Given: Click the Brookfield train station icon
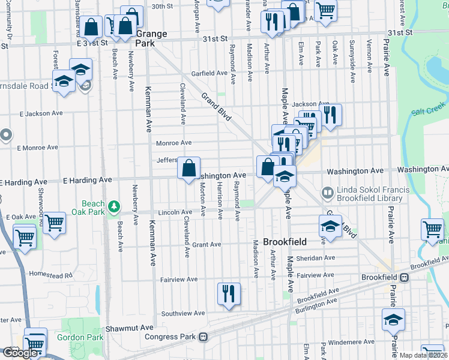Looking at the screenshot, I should point(405,278).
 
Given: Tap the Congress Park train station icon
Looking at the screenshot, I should point(203,337).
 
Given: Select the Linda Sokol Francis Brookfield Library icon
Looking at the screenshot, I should point(327,193).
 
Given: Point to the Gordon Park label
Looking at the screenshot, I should point(80,337).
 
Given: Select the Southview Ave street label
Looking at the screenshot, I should point(183,313).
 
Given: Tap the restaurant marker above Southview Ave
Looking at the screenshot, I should point(228,294).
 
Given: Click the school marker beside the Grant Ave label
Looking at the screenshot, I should point(330,226).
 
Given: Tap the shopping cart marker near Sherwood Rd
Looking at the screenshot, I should point(55,222).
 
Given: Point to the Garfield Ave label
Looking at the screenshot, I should point(209,73).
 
